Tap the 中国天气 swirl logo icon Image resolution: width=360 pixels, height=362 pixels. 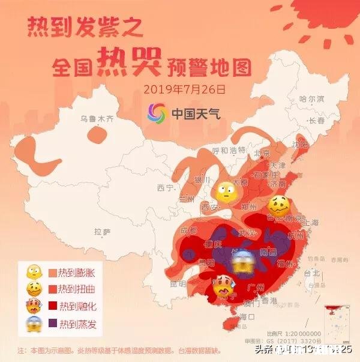(x=158, y=112)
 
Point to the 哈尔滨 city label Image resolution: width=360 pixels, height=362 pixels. (x=311, y=98)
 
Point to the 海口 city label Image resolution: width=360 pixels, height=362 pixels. (x=248, y=316)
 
